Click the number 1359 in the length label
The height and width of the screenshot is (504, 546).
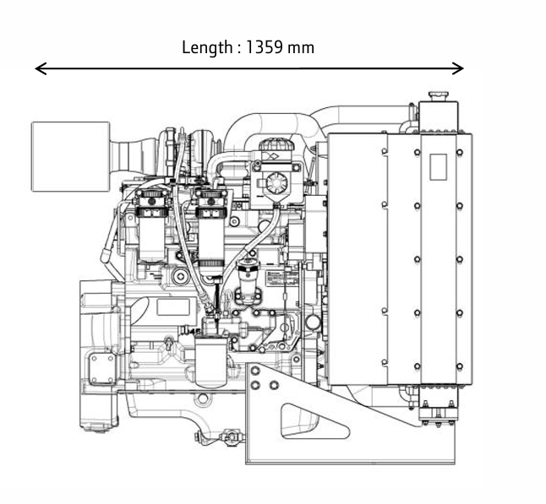(264, 47)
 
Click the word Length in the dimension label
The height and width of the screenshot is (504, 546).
(207, 47)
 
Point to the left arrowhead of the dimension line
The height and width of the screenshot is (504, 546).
(41, 68)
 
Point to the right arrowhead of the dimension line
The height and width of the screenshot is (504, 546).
(457, 68)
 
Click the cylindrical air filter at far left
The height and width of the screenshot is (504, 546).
(70, 156)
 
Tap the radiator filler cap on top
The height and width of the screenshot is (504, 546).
(439, 96)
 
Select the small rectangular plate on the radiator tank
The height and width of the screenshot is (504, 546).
(439, 167)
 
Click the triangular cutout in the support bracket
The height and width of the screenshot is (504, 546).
(314, 421)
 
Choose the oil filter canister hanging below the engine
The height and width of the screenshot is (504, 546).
(210, 361)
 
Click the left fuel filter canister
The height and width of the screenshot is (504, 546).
(152, 226)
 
